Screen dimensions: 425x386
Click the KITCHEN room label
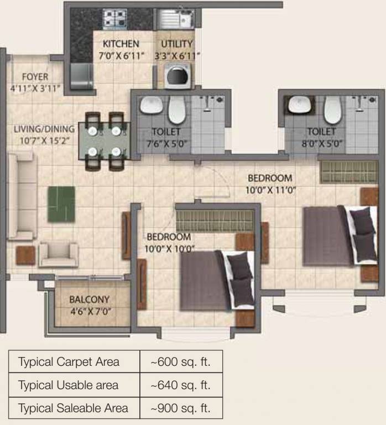pyautogui.click(x=121, y=44)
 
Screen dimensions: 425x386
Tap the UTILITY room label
pyautogui.click(x=177, y=44)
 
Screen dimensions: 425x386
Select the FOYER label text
pyautogui.click(x=35, y=77)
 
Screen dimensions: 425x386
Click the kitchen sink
pyautogui.click(x=176, y=21)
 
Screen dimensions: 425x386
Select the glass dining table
pyautogui.click(x=104, y=141)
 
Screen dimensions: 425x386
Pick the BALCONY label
pyautogui.click(x=90, y=299)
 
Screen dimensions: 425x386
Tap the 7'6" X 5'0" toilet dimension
pyautogui.click(x=166, y=143)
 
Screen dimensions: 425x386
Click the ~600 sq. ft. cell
pyautogui.click(x=180, y=362)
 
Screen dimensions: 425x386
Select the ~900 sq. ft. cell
pyautogui.click(x=180, y=409)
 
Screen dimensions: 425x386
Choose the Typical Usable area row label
pyautogui.click(x=68, y=385)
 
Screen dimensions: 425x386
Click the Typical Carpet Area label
pyautogui.click(x=69, y=362)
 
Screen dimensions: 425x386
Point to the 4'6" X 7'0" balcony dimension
pyautogui.click(x=90, y=310)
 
